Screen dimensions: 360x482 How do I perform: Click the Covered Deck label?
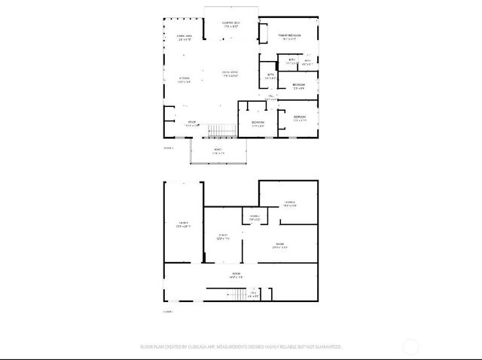tap(230, 25)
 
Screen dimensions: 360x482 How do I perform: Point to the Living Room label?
tap(230, 73)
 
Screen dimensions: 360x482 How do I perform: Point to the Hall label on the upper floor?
tap(272, 96)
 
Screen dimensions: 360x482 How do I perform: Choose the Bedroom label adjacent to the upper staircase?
tap(258, 124)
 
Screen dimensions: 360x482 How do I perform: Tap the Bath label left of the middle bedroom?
tap(271, 75)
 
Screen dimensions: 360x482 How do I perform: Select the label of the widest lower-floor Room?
tap(236, 275)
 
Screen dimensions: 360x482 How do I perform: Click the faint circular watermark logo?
tap(410, 347)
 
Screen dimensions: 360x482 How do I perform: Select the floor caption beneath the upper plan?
tap(168, 148)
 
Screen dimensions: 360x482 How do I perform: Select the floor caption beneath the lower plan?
tap(168, 311)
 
